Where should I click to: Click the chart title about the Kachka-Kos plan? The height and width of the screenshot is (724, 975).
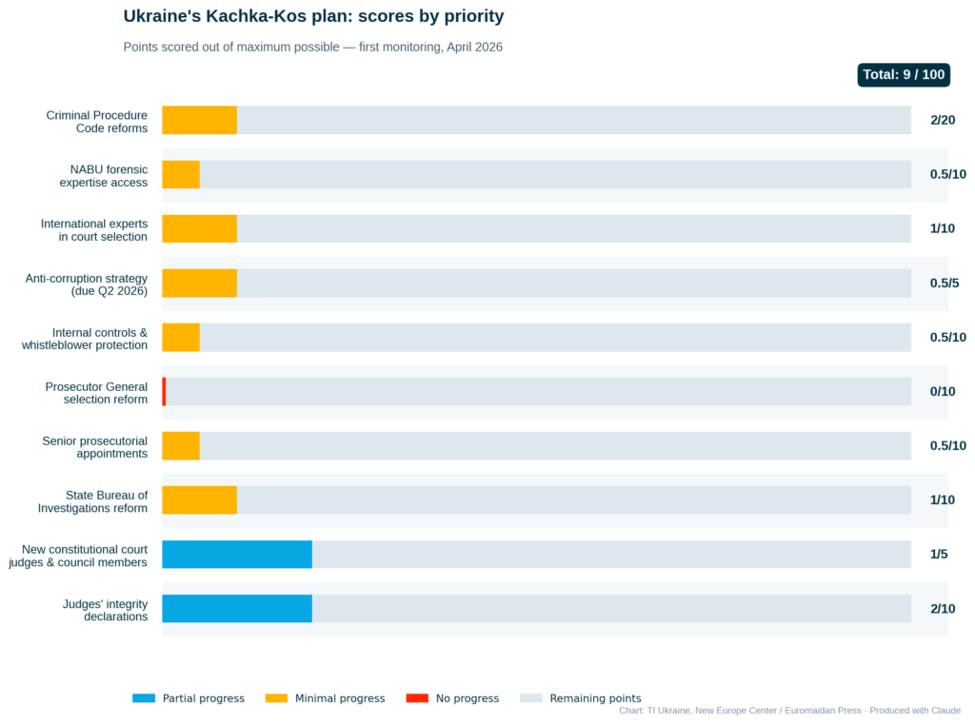(313, 16)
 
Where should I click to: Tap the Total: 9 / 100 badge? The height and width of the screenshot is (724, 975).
(903, 75)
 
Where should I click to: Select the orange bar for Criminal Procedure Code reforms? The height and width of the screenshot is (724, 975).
(199, 120)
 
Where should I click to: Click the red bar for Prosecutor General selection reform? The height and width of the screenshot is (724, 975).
(164, 391)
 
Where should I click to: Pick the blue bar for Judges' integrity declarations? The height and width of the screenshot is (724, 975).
(236, 609)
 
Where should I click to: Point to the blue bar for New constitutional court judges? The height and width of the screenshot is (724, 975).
(236, 555)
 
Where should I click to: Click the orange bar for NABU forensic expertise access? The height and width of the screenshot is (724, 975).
(181, 174)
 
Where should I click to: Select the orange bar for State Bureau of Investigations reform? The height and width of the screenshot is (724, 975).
(199, 500)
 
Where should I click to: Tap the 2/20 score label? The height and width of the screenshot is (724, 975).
(942, 120)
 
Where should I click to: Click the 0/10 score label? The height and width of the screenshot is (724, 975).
(942, 391)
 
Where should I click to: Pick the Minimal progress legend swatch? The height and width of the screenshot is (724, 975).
(276, 698)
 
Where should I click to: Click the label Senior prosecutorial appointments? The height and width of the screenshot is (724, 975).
(94, 447)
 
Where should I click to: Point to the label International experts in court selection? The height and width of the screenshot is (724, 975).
(93, 230)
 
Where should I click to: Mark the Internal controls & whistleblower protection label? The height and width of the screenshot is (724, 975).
(85, 339)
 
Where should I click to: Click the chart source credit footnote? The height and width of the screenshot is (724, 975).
(789, 711)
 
